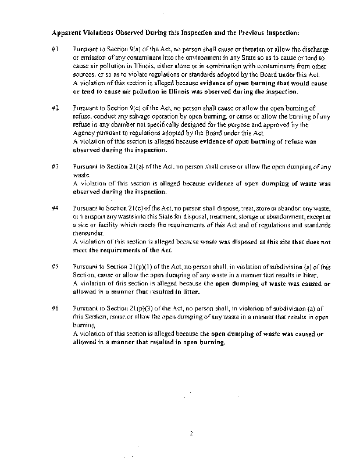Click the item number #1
[55, 51]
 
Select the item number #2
[55, 108]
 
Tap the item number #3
[55, 166]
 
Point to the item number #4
[55, 207]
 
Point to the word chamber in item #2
[127, 124]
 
